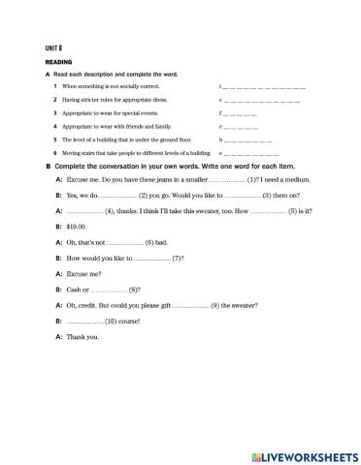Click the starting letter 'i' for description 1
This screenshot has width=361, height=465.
coord(221,87)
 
